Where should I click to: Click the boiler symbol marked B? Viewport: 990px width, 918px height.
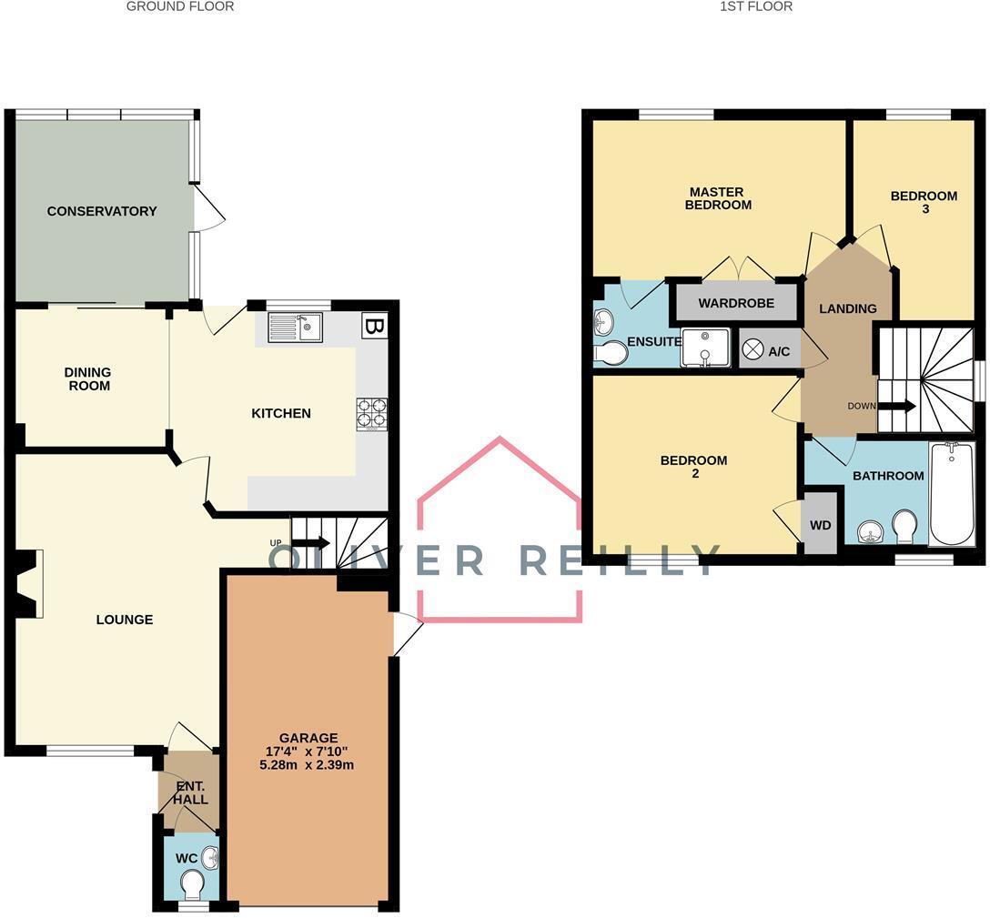click(374, 327)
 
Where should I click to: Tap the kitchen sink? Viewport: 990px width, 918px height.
click(295, 328)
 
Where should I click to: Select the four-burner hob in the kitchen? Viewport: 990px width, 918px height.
click(372, 413)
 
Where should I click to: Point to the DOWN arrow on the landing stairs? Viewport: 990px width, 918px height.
click(896, 406)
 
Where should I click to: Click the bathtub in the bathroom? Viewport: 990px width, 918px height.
click(952, 494)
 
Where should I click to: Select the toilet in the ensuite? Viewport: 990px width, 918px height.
click(610, 353)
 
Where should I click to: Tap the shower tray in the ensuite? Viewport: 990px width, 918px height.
click(704, 348)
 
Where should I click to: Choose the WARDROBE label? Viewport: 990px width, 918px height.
click(736, 303)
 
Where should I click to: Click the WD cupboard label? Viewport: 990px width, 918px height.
click(820, 525)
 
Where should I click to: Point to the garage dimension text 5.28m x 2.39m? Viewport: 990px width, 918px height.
click(307, 765)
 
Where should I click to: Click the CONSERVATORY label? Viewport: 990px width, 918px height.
click(102, 211)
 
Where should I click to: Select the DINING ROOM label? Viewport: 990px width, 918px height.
click(89, 378)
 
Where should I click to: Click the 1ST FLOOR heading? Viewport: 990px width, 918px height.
click(756, 6)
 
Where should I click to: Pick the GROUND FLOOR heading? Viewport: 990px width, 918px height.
click(180, 6)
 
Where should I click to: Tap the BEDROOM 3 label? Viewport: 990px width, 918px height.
click(924, 202)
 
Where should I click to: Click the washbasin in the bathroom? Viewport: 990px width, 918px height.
click(874, 533)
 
